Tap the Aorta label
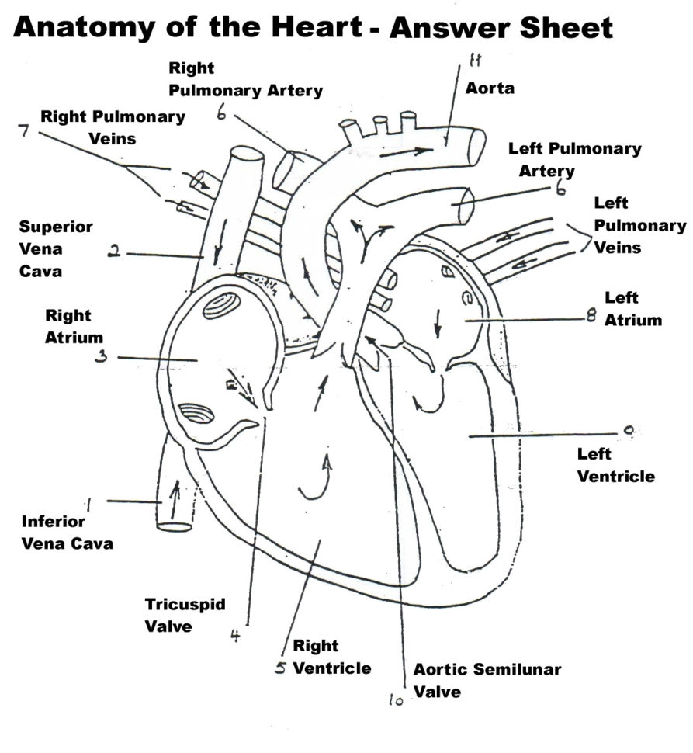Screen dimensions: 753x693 [490, 88]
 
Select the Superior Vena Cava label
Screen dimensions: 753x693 [56, 250]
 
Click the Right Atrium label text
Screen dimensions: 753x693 [68, 327]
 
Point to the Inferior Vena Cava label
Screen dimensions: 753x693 [67, 533]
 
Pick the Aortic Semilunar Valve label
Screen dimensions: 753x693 [487, 680]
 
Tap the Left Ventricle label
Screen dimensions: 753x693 [615, 465]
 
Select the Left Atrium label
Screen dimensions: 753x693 [633, 308]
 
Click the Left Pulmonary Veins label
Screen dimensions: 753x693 [639, 226]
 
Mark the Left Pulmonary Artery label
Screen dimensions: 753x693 [574, 159]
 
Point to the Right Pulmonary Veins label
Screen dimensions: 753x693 [113, 127]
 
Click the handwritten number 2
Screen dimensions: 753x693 [114, 252]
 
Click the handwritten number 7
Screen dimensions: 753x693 [24, 130]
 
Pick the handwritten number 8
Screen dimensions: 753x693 [591, 318]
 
